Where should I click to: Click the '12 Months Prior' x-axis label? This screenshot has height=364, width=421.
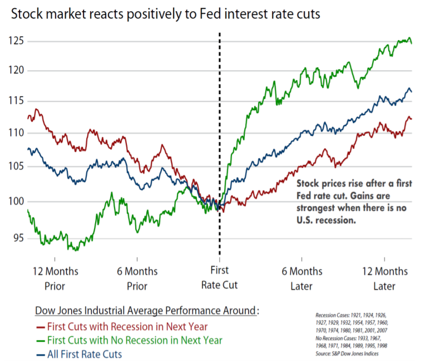pos(55,279)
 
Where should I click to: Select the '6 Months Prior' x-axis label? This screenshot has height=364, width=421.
pos(137,279)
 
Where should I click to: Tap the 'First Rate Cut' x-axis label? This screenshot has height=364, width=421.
pos(220,279)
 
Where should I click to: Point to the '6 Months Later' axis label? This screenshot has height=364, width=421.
pos(301,279)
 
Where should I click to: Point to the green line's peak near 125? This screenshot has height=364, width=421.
pos(409,38)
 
